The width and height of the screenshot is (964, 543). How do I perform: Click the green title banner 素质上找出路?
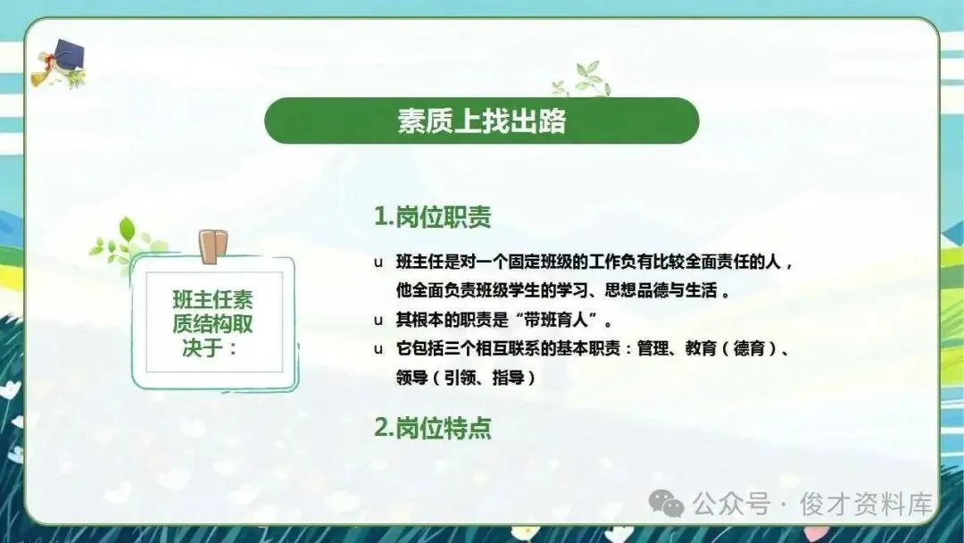point(481,121)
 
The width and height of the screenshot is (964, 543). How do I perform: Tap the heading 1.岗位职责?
point(433,216)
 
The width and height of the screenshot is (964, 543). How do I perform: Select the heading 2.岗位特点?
point(433,428)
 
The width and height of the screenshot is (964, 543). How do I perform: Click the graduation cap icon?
point(59,63)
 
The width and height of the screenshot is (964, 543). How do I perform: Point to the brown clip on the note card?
point(212,246)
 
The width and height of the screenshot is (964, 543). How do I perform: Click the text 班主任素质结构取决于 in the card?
point(212,323)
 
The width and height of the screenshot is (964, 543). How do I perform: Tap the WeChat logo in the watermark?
point(667,504)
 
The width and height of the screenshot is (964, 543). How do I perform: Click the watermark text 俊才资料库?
point(866,505)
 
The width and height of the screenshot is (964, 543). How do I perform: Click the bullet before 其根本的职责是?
point(378,321)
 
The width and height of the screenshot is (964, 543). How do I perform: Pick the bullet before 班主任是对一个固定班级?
point(378,263)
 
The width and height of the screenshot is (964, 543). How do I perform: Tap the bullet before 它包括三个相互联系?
point(378,349)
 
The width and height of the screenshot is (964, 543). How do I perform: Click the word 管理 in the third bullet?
point(652,348)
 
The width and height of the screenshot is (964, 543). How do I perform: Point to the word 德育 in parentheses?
point(749,348)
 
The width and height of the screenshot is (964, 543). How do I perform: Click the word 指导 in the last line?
point(508,378)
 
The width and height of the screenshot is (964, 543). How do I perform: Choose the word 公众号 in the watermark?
point(732,505)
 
